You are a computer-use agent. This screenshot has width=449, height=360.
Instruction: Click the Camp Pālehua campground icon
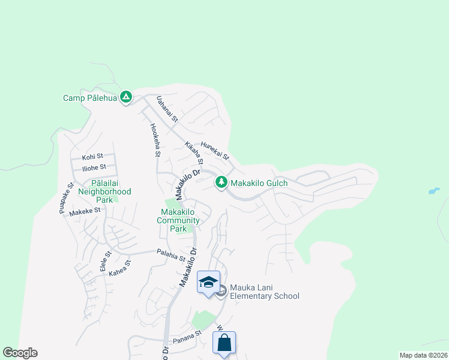pos(125,97)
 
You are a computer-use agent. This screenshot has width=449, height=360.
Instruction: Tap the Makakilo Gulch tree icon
pos(221,182)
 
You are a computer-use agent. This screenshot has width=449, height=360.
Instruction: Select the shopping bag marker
pos(224,344)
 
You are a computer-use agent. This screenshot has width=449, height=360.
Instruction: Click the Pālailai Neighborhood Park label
pos(103,191)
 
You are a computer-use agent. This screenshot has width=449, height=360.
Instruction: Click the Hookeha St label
pos(155,140)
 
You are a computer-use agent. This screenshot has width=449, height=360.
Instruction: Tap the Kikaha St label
pos(194,154)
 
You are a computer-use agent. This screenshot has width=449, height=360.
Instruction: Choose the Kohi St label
pos(93,156)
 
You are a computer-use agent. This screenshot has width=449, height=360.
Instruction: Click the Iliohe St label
pos(94,167)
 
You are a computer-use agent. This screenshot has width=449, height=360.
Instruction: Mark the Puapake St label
pos(66,197)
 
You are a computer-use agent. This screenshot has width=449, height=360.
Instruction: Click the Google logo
pos(20,353)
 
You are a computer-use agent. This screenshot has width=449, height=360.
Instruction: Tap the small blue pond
pos(434,191)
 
